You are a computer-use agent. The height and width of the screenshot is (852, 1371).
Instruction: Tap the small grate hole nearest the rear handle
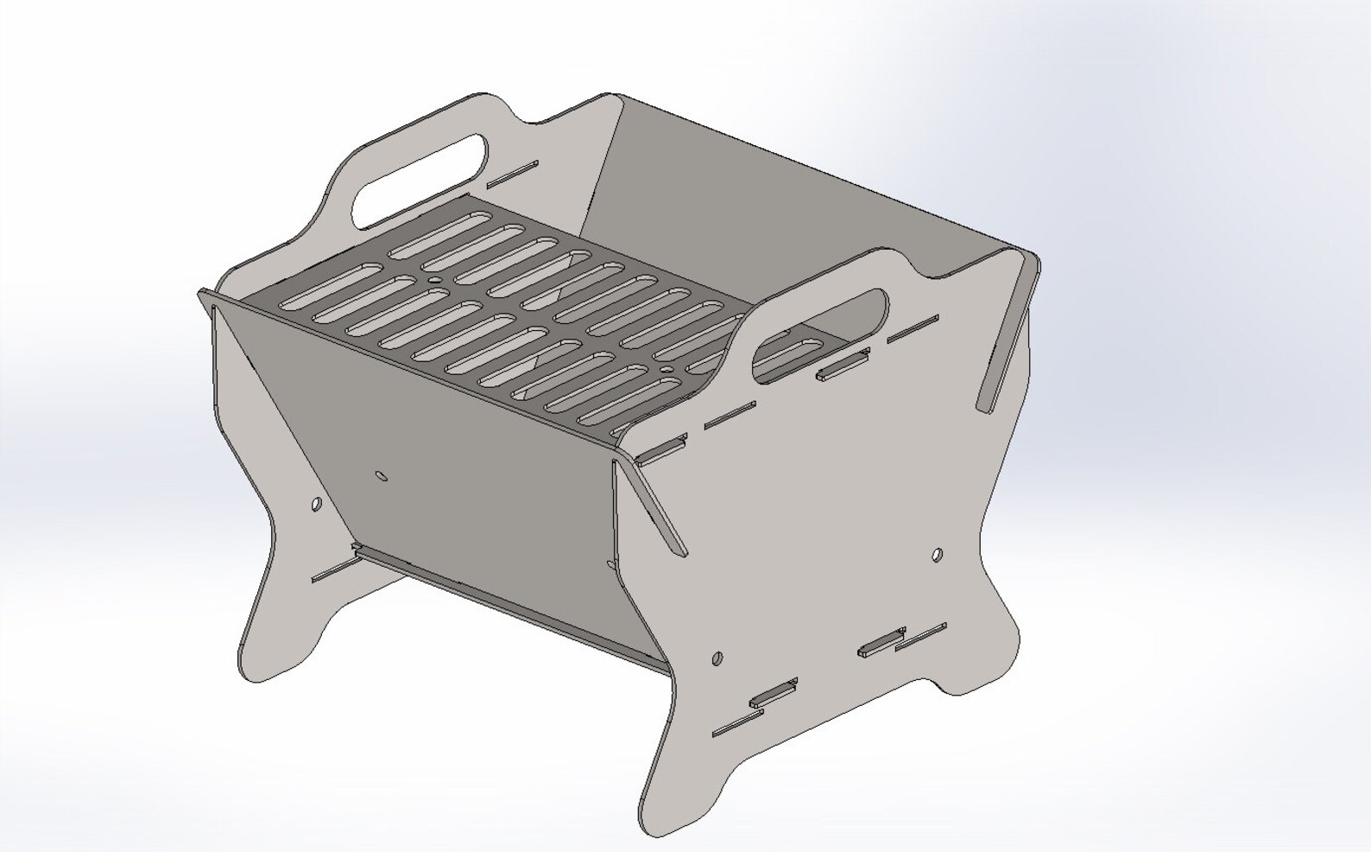[x=433, y=281]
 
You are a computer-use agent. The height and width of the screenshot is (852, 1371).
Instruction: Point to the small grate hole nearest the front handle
[x=667, y=370]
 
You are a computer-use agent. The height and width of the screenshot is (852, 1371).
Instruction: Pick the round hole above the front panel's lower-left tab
[x=717, y=659]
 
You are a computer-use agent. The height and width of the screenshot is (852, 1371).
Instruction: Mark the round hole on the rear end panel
[x=316, y=503]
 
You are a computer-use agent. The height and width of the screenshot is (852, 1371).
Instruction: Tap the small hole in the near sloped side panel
[x=381, y=475]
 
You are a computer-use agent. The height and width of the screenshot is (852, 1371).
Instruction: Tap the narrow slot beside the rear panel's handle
[x=512, y=173]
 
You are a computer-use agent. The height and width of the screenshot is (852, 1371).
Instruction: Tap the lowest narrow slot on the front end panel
[x=738, y=724]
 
